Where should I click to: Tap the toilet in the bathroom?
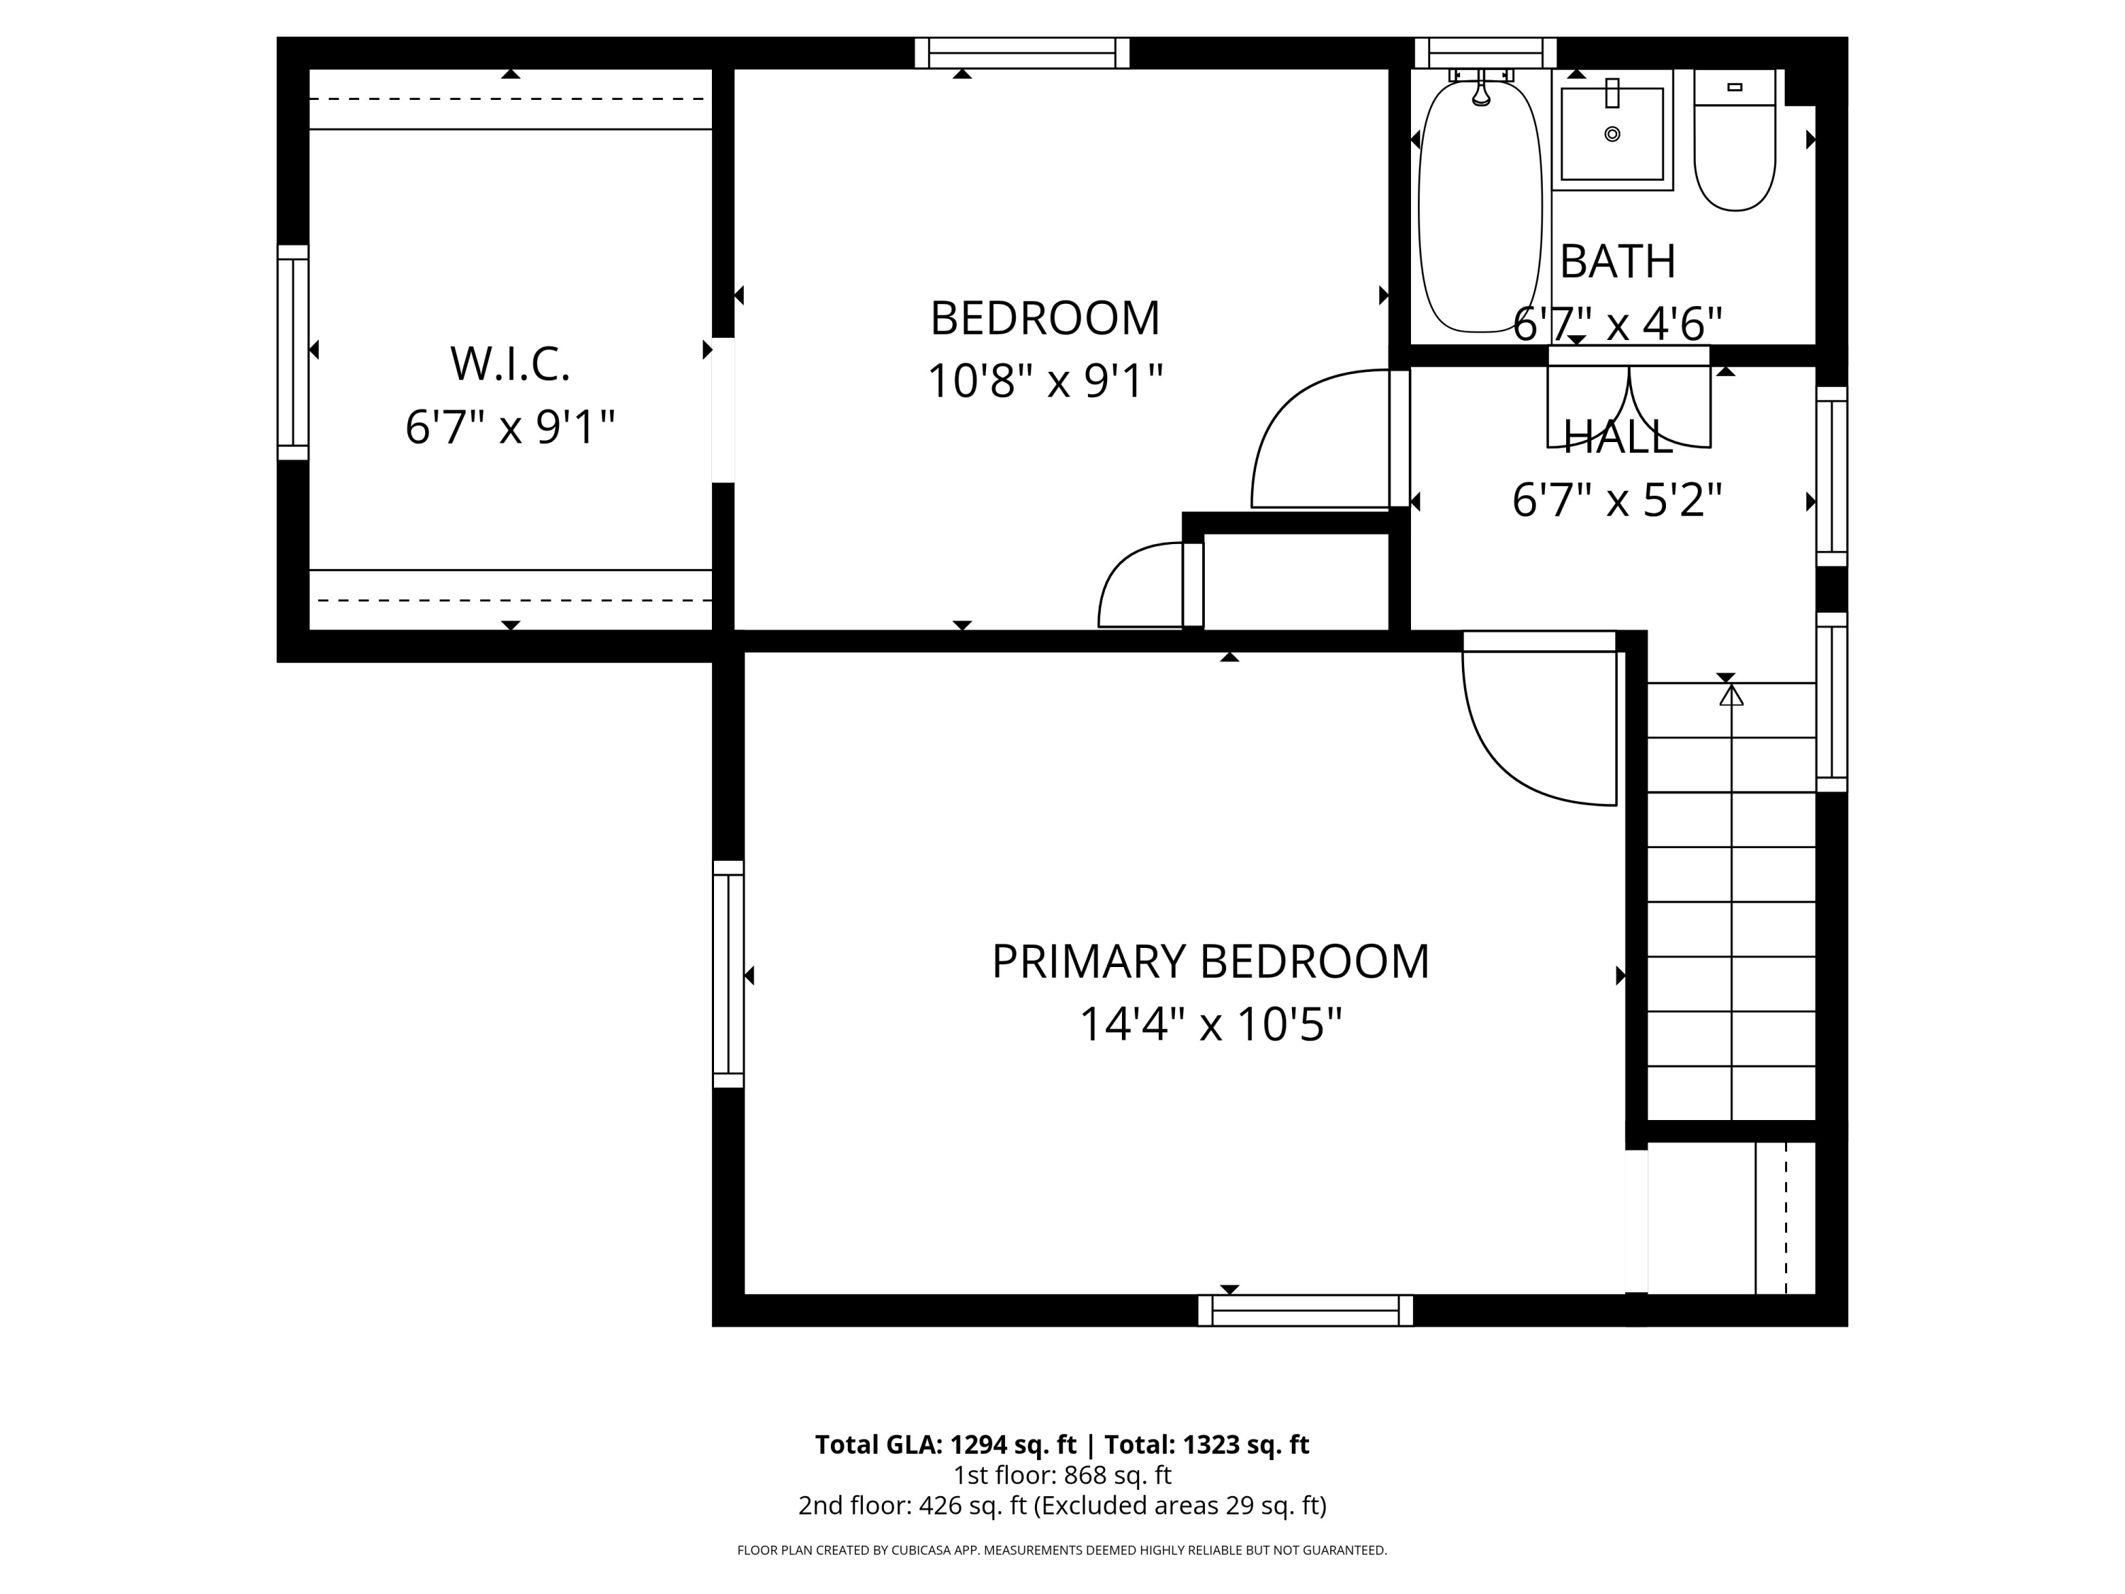1734,140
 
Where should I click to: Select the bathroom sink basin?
1612,134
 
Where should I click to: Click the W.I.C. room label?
510,364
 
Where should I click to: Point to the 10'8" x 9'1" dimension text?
1045,381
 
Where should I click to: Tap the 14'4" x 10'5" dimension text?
1211,1024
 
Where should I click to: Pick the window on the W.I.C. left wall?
293,353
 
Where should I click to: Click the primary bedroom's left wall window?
728,974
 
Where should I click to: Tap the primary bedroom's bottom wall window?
1305,1311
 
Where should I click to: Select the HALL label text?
1619,438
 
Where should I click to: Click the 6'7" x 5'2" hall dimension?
1618,501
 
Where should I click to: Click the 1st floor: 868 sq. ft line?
1062,1475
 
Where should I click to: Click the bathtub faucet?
1481,87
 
